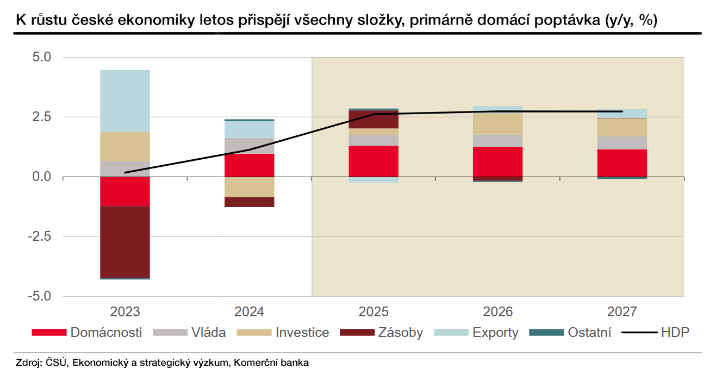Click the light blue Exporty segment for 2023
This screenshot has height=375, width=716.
125,101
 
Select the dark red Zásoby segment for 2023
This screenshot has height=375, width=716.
125,242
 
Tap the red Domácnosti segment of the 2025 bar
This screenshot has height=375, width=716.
373,161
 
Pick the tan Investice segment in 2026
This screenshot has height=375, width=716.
497,124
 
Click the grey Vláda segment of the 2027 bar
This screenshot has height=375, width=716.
622,143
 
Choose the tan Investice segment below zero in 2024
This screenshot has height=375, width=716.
250,187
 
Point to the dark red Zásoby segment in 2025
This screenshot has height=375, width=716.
373,120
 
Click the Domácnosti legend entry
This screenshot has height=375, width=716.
87,333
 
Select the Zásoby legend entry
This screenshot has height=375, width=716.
381,333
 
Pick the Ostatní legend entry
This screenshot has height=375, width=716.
570,333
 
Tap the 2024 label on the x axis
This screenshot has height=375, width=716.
250,312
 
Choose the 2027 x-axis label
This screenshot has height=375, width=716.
622,312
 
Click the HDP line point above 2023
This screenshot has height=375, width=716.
125,172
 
